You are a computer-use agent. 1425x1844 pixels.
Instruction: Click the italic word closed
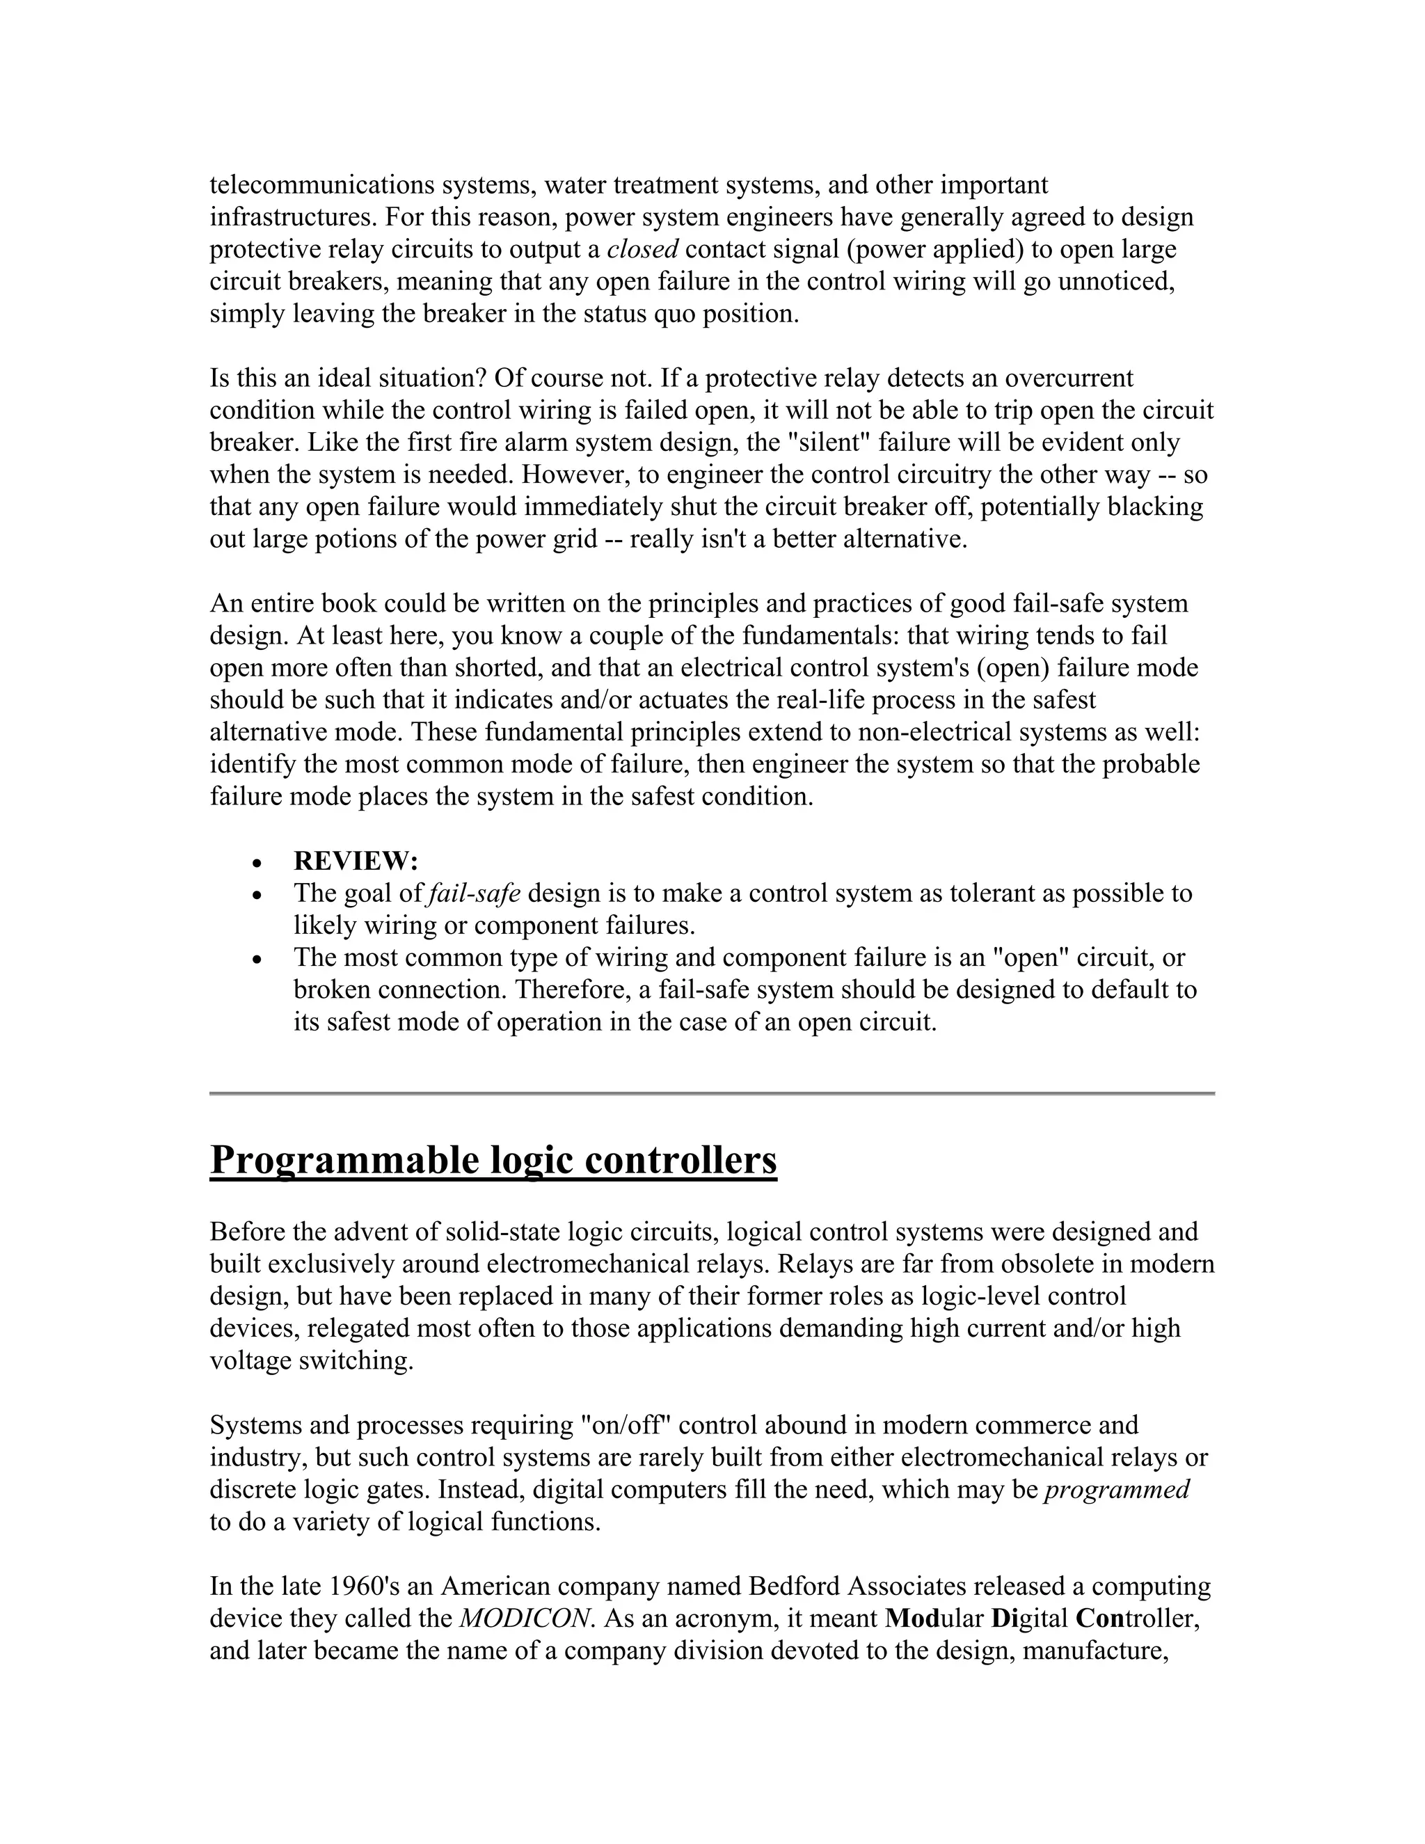click(642, 250)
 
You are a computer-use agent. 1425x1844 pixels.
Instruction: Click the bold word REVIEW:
click(356, 861)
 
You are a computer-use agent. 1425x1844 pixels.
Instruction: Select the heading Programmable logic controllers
click(493, 1160)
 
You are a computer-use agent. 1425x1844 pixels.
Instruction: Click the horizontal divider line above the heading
click(712, 1093)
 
